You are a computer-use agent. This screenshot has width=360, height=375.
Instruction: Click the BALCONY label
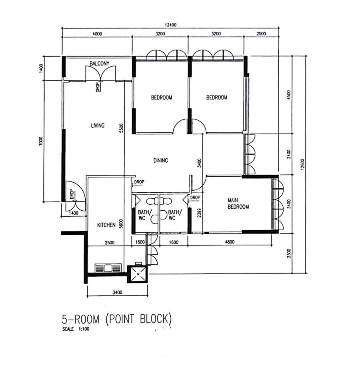[x=99, y=64]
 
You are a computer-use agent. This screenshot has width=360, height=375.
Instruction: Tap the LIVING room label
[x=98, y=125]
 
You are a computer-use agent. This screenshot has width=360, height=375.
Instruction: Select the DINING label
[x=161, y=160]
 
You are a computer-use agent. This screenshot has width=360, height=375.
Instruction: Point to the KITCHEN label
[x=106, y=225]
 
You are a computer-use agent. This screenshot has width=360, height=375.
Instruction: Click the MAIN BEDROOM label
[x=238, y=203]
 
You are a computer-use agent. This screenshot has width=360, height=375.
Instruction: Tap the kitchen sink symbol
[x=108, y=268]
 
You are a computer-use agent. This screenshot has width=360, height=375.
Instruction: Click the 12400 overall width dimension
[x=171, y=25]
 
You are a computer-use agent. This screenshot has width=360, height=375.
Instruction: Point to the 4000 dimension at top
[x=97, y=34]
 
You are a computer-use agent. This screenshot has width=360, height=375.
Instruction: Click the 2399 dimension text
[x=199, y=213]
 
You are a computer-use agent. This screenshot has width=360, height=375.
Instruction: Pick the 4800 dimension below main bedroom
[x=230, y=242]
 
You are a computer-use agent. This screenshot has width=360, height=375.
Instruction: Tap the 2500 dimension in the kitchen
[x=110, y=243]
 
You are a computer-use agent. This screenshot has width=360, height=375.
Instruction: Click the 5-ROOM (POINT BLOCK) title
[x=117, y=319]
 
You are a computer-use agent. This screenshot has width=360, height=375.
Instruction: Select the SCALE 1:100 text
[x=76, y=329]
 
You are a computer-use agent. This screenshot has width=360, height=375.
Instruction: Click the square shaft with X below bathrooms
[x=137, y=274]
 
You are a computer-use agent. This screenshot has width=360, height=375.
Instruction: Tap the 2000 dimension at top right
[x=261, y=34]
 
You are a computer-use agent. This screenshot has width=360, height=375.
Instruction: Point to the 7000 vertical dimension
[x=41, y=141]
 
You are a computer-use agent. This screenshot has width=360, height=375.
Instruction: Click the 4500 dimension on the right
[x=289, y=95]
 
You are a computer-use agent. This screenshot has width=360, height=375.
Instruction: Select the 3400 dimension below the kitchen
[x=117, y=292]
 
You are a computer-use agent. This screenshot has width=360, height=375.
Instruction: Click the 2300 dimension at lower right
[x=289, y=253]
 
